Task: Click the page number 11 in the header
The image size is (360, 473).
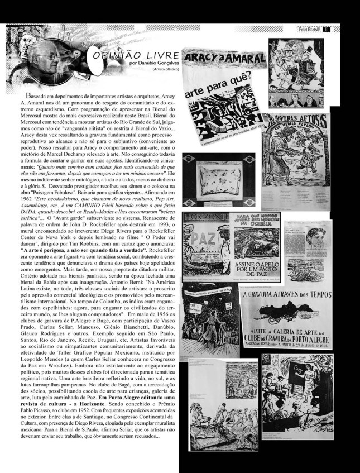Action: [327, 29]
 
